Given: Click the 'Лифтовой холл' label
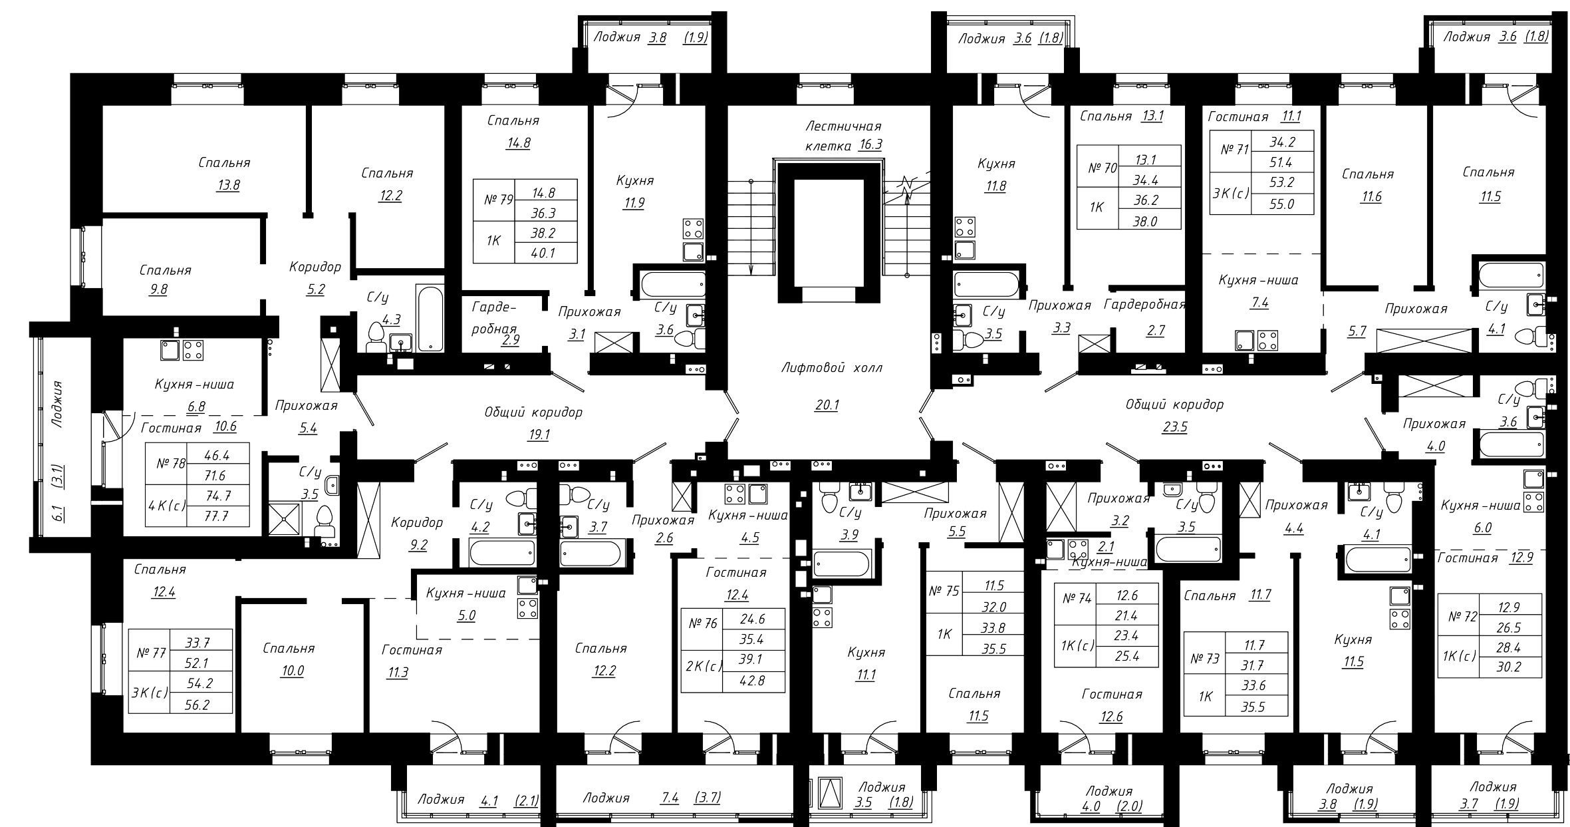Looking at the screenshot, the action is [x=832, y=368].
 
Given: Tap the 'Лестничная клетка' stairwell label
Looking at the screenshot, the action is [x=843, y=135].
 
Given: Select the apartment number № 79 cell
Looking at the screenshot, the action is [x=493, y=199].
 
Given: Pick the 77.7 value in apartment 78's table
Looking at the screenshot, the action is [x=217, y=516].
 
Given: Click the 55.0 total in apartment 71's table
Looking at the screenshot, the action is [x=1281, y=204].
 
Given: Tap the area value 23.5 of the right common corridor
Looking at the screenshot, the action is [x=1174, y=426].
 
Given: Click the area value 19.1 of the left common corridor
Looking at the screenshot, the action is [x=537, y=434].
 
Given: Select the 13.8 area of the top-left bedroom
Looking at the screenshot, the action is [x=227, y=185].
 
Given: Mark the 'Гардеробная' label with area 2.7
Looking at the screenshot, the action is [x=1144, y=305].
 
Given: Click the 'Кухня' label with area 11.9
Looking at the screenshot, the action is [x=634, y=180].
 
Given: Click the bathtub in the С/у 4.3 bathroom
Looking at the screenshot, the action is [x=430, y=318].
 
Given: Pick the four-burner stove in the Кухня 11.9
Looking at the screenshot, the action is [x=694, y=229].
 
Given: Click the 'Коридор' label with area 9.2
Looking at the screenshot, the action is [x=417, y=522].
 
